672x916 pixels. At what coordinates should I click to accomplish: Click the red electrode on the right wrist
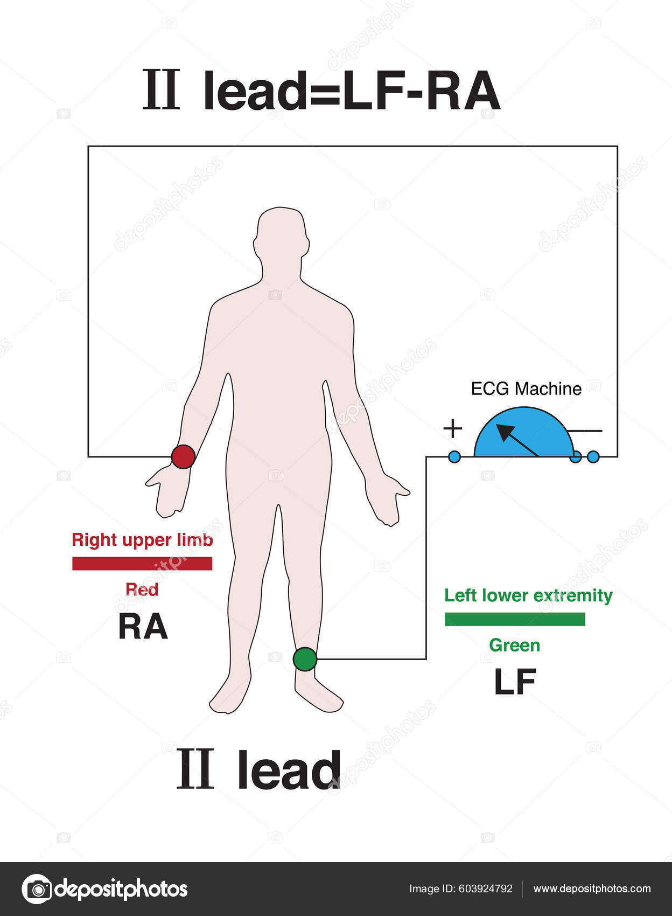coord(183,456)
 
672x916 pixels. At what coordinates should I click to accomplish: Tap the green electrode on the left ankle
coord(305,659)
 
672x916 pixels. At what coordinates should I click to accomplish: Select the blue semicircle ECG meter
coord(523,434)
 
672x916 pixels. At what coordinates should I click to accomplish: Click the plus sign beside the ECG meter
coord(453,428)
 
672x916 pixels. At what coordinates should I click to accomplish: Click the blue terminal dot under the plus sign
coord(454,457)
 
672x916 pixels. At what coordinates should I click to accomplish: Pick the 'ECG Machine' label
coord(526,388)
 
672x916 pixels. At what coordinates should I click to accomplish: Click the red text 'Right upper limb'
coord(142,539)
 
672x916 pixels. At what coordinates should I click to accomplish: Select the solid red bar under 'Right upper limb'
coord(142,563)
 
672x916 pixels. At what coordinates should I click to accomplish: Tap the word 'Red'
coord(142,589)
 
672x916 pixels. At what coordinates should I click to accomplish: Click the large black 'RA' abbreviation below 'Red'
coord(143,627)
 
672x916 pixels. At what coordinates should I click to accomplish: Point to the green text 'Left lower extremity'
coord(528,595)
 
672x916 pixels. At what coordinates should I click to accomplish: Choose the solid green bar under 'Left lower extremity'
coord(515,619)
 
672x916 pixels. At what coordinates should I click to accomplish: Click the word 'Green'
coord(514,645)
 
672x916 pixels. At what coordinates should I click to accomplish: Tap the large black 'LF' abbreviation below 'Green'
coord(515,682)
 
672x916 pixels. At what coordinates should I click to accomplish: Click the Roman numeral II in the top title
coord(161,91)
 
